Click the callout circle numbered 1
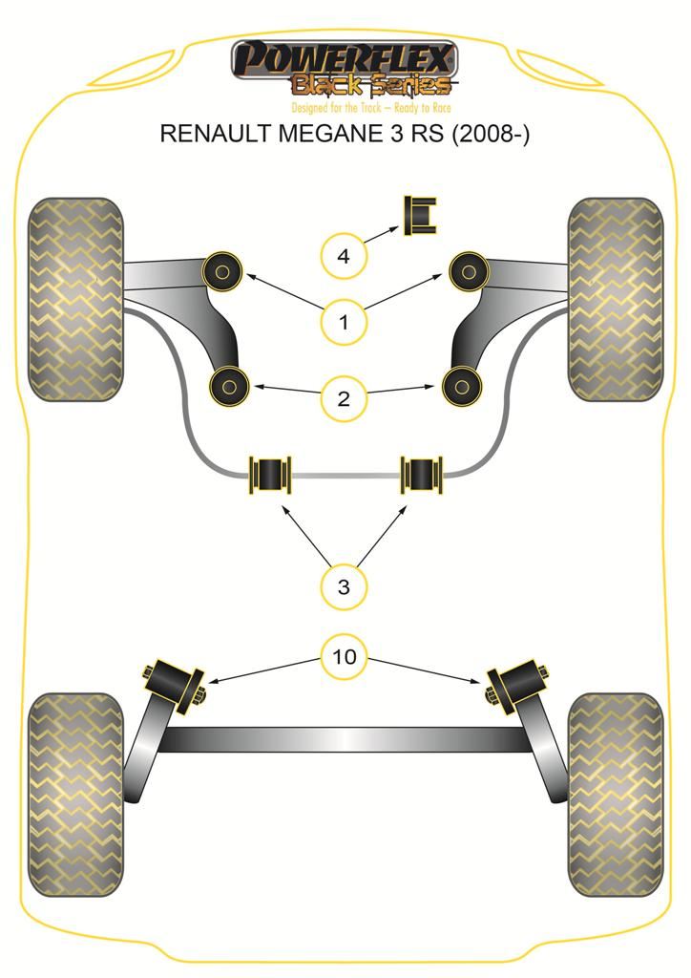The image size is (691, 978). (x=345, y=322)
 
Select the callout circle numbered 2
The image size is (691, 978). (x=345, y=397)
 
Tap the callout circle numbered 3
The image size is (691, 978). (x=345, y=586)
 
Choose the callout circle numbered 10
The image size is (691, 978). (x=345, y=656)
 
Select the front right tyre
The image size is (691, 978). (x=615, y=299)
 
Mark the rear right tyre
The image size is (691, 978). (x=615, y=796)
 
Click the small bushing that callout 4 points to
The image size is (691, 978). (x=421, y=217)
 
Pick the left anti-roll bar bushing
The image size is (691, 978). (x=270, y=473)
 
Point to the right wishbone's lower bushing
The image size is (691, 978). (x=462, y=386)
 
